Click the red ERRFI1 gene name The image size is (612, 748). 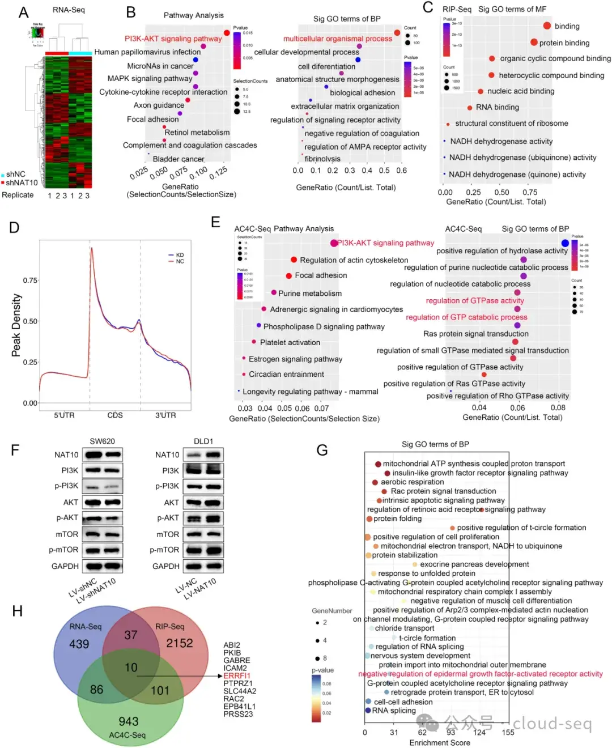(x=237, y=675)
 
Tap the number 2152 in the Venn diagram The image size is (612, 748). (x=179, y=643)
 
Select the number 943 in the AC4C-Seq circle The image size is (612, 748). (x=129, y=721)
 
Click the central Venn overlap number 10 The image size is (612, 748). (x=131, y=668)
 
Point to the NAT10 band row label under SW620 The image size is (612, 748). (x=66, y=454)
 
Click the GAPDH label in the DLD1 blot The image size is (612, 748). (x=165, y=566)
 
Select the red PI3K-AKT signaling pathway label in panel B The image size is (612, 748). (x=173, y=39)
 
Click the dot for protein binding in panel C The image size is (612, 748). (x=534, y=42)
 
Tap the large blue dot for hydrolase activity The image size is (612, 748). (x=565, y=243)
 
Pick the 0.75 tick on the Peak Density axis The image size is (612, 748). (x=30, y=280)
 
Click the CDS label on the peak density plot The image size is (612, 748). (x=115, y=415)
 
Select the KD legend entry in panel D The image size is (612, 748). (x=180, y=255)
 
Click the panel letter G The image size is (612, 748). (x=322, y=450)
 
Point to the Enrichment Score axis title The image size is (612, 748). (x=440, y=742)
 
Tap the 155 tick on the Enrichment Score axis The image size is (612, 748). (x=508, y=732)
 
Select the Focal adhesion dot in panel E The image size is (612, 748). (x=289, y=275)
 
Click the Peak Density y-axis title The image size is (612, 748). (x=16, y=325)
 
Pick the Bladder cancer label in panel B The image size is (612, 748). (x=178, y=159)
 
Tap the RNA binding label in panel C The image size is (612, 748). (x=497, y=107)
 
